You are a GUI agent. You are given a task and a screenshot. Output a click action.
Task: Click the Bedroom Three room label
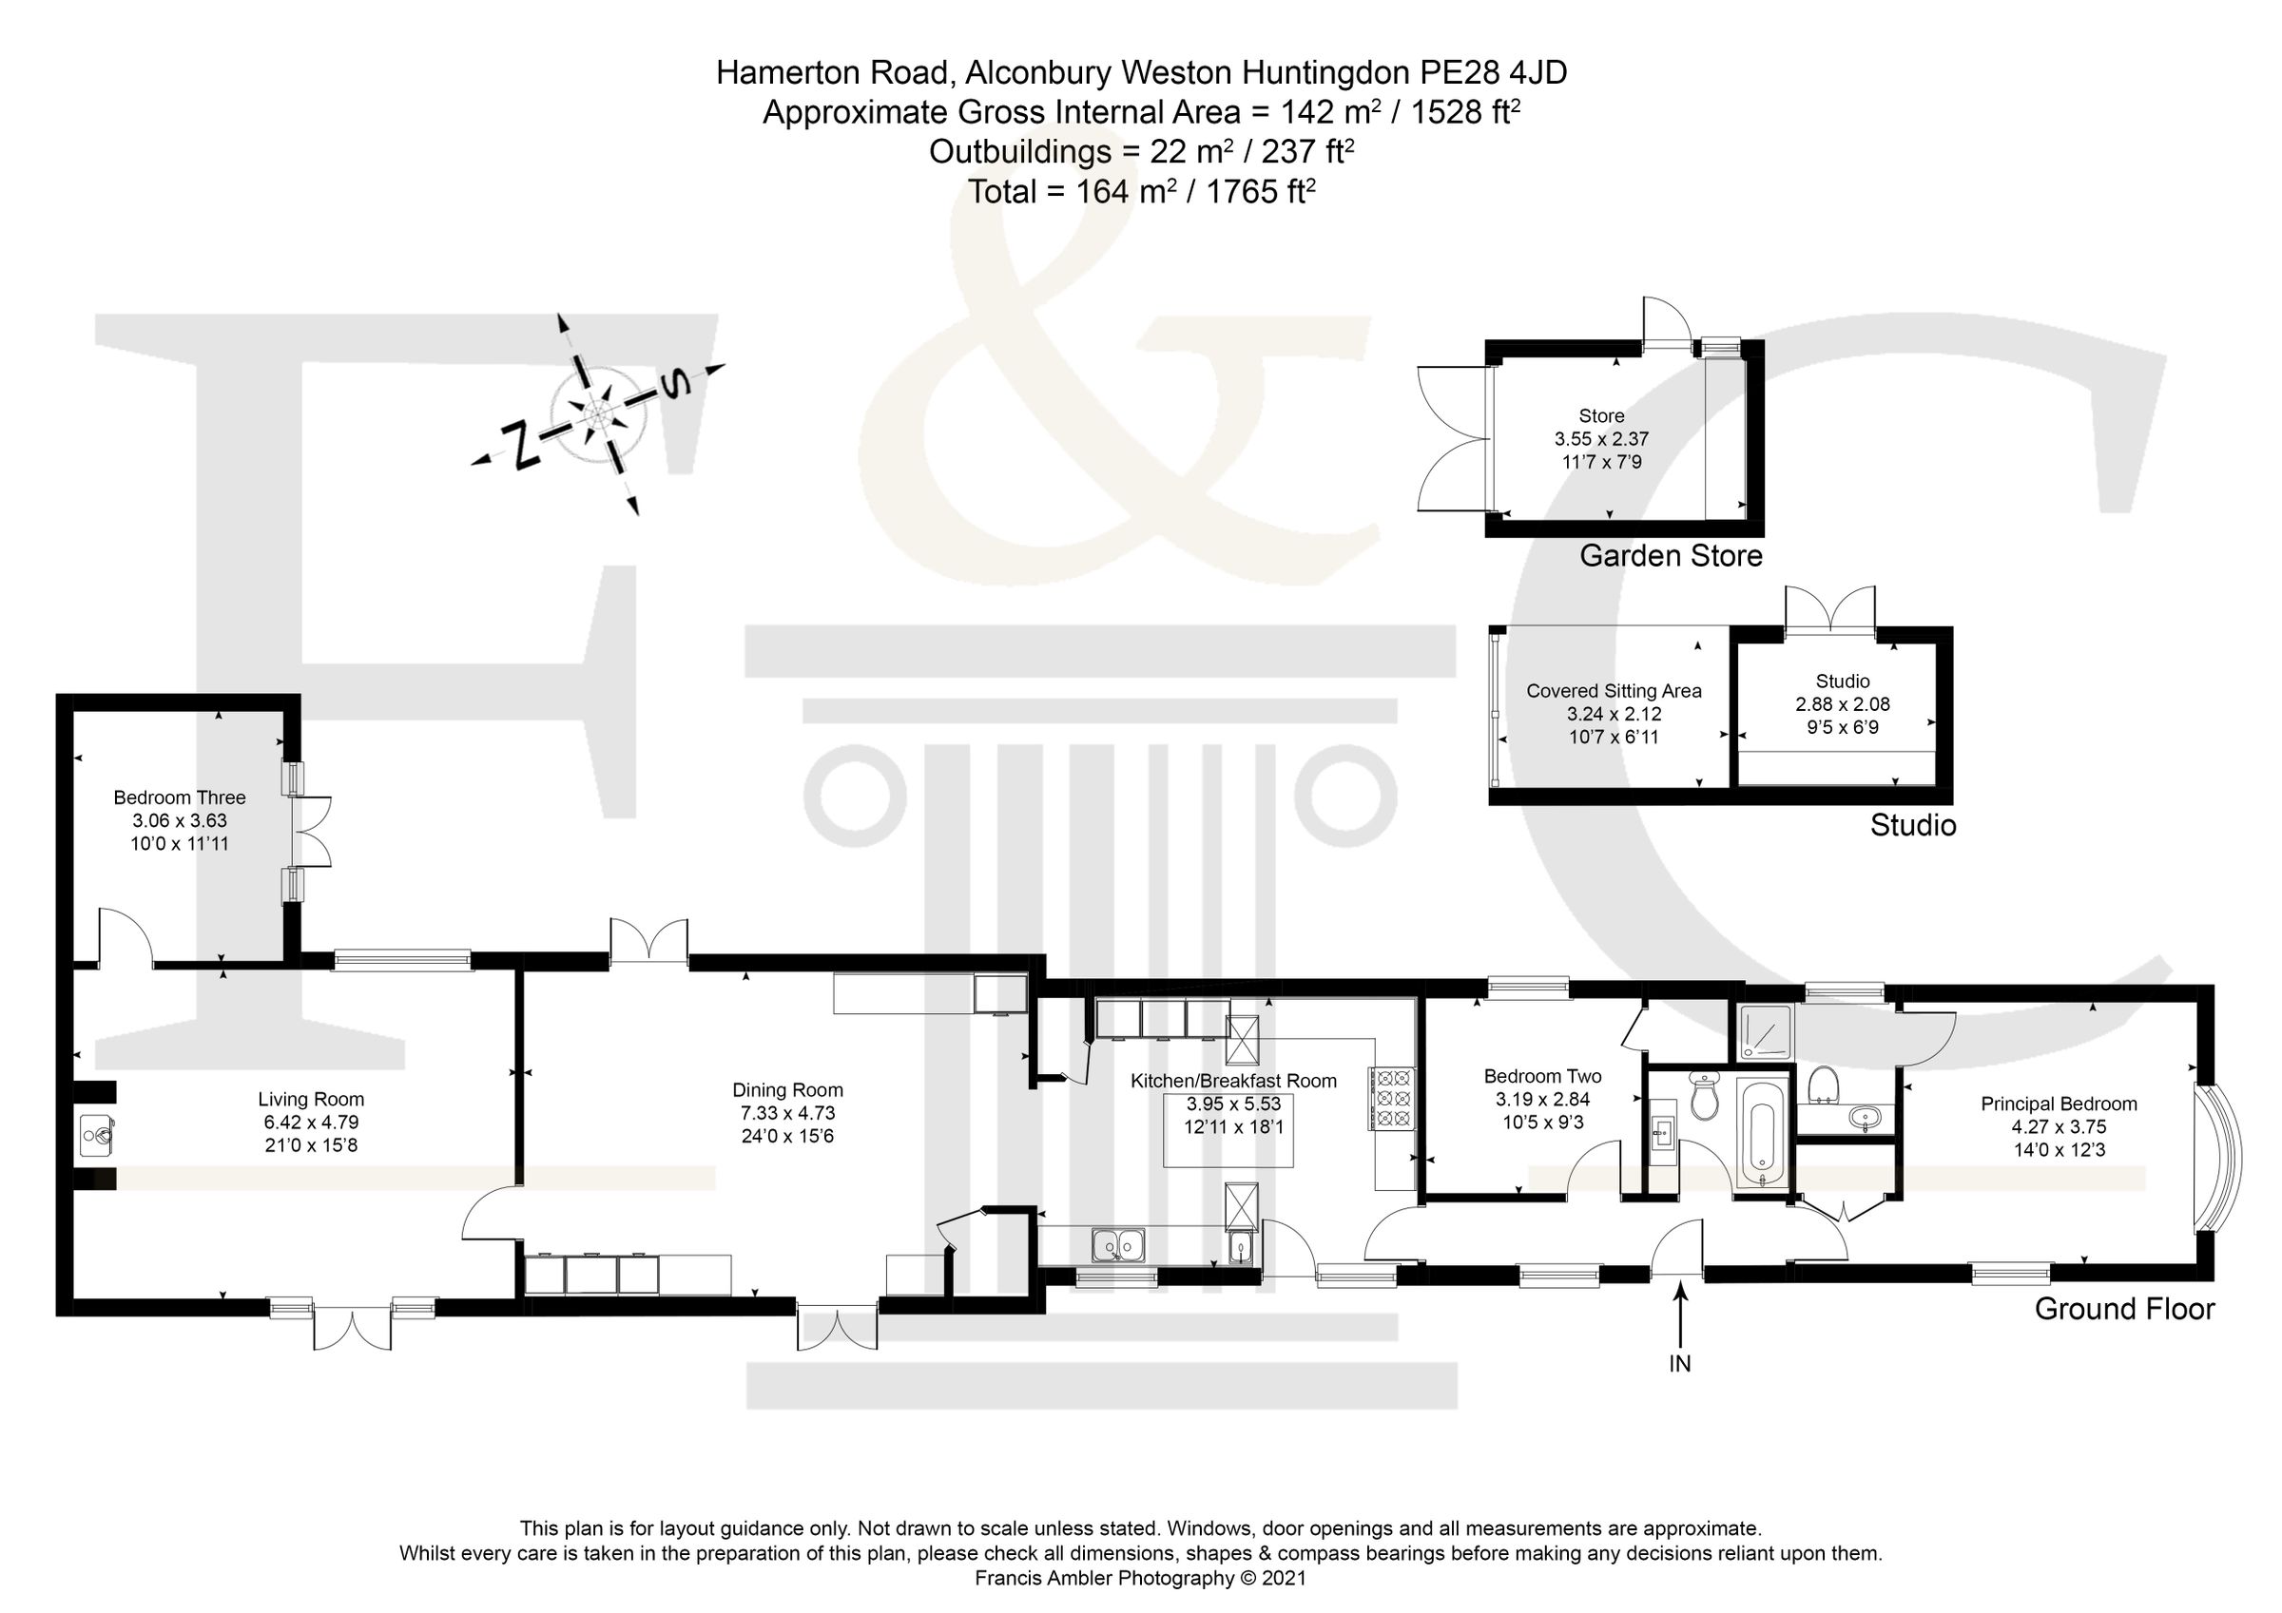pos(179,797)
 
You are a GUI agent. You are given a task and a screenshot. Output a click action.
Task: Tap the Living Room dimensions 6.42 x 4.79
pos(310,1122)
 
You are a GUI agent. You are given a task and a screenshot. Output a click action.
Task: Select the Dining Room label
pos(787,1090)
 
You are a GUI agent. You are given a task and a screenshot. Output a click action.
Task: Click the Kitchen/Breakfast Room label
pos(1233,1081)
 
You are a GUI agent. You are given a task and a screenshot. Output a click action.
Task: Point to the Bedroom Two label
pos(1542,1075)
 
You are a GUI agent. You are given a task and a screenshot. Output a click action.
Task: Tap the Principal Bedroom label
pos(2059,1104)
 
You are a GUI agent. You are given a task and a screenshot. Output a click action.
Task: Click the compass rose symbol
pos(599,413)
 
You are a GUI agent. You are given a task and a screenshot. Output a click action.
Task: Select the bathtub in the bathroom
pos(1762,1136)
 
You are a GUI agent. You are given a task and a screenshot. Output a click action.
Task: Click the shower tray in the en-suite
pos(1765,1031)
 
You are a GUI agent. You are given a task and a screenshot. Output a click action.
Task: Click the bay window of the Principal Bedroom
pos(2222,1158)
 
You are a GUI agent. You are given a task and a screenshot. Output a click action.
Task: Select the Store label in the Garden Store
pos(1601,415)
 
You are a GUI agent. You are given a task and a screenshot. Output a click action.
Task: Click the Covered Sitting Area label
pos(1615,691)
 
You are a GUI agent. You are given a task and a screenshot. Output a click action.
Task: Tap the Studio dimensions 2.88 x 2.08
pos(1842,703)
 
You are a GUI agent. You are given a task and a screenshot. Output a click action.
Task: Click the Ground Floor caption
pos(2124,1309)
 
